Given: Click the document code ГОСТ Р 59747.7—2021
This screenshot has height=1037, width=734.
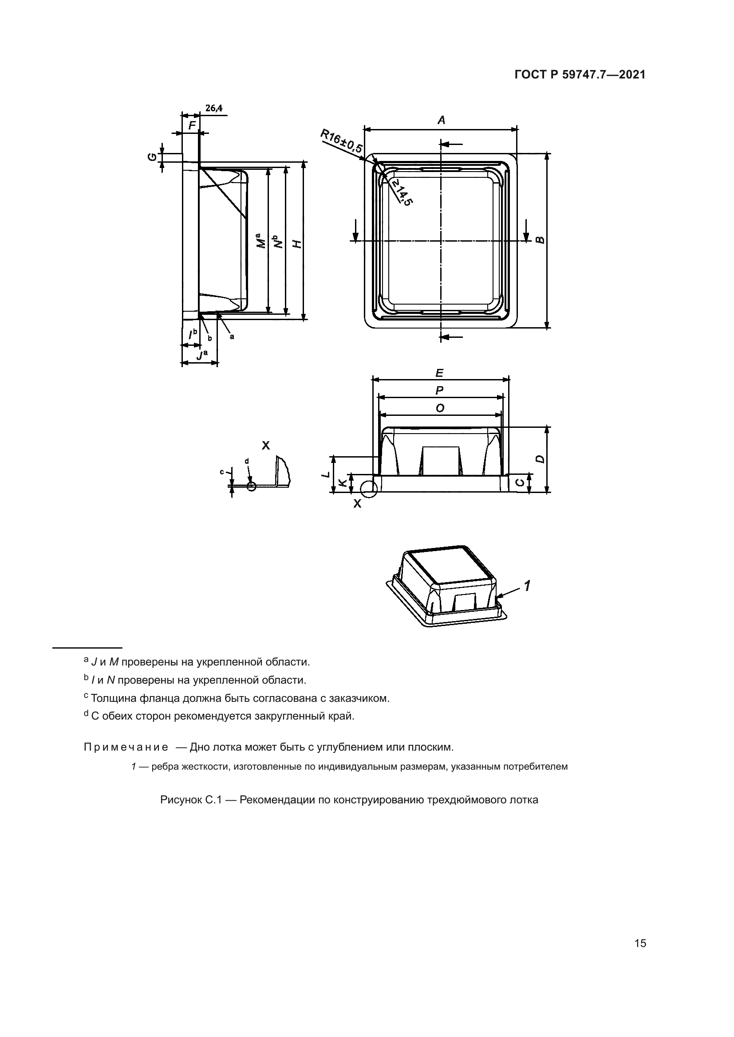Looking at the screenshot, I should click(x=580, y=75).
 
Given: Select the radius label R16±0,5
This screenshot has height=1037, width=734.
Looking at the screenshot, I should click(x=342, y=141).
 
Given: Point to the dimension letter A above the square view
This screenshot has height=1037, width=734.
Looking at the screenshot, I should click(x=441, y=120).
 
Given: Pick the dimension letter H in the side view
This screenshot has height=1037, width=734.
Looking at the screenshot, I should click(x=296, y=244).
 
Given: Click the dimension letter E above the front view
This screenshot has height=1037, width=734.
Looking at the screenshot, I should click(x=439, y=373).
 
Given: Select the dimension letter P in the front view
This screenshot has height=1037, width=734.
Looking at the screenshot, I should click(x=439, y=390).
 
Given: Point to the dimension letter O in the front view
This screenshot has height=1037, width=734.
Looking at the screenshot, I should click(x=439, y=408).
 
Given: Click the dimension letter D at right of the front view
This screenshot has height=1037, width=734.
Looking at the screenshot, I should click(x=540, y=459).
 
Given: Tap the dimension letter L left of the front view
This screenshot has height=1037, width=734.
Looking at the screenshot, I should click(x=325, y=475).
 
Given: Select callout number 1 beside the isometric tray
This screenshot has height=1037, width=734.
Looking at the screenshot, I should click(x=527, y=586).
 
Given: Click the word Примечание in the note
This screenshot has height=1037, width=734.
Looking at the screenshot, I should click(x=126, y=747).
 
